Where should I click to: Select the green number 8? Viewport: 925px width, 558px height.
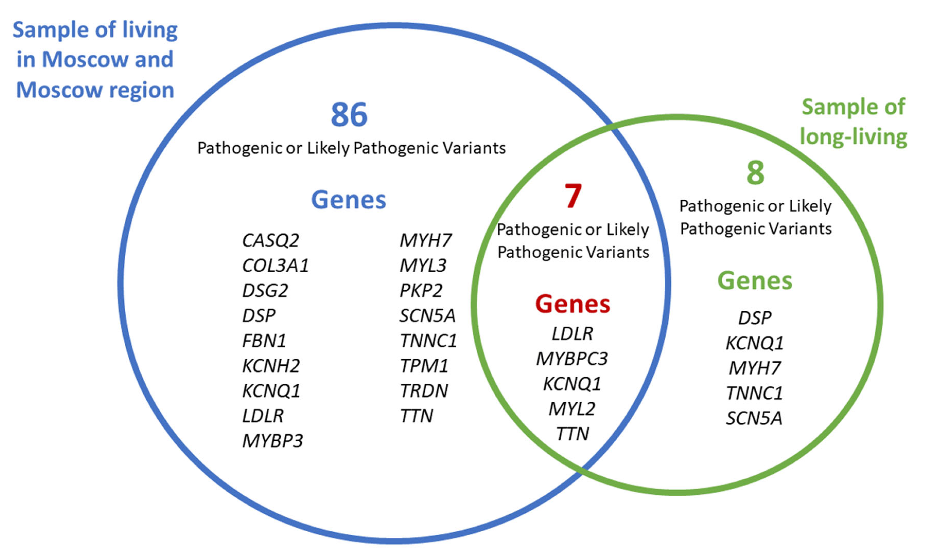point(755,173)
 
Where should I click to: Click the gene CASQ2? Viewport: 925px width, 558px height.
point(270,240)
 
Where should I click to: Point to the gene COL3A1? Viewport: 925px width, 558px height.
point(275,265)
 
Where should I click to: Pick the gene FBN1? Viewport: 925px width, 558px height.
point(264,341)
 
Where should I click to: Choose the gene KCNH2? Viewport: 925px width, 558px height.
point(271,366)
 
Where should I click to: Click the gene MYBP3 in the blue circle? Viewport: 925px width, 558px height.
point(272,441)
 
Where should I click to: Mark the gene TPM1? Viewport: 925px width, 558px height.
point(424,366)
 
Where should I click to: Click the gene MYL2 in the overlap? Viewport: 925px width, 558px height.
point(572,409)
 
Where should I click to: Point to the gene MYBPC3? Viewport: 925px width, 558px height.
point(572,359)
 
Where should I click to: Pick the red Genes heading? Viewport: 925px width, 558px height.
point(572,304)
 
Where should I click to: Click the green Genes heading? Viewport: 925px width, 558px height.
point(755,281)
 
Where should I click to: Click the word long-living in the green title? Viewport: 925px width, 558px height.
point(853,137)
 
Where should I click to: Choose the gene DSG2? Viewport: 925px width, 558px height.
point(265,291)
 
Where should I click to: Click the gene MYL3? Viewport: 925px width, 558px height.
point(423,265)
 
